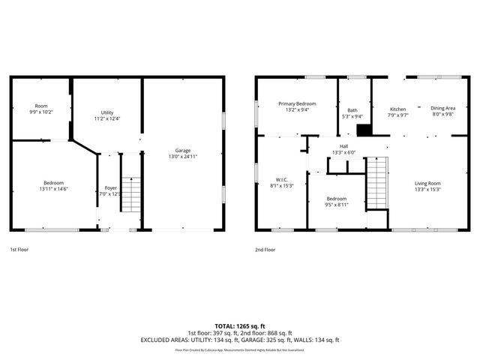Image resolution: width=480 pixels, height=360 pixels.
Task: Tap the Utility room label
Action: point(107,112)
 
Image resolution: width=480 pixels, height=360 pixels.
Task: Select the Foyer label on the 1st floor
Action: point(110,188)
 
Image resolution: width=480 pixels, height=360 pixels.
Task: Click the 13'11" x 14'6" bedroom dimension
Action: point(53,190)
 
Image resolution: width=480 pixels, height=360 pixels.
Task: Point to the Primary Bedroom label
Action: point(297,103)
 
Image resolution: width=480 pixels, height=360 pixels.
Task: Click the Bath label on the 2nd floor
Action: point(352,110)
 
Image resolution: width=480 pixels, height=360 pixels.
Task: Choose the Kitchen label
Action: point(397,109)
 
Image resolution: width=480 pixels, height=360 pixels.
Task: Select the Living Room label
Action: point(428,183)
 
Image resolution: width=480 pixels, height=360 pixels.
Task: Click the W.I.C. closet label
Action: point(282,179)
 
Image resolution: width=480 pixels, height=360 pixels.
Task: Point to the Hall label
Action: point(343,146)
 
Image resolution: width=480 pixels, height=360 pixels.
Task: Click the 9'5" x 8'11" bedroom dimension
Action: point(336,203)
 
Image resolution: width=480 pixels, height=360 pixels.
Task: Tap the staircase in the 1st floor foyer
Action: point(131,193)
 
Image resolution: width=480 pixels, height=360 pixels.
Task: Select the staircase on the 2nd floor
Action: point(376,184)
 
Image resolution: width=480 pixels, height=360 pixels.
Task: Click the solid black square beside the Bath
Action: point(364,130)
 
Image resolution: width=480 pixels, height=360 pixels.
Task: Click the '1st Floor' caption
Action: point(19,249)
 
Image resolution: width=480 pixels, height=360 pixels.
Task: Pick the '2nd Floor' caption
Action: point(265,249)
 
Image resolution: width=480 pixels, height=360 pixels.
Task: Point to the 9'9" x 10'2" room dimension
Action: point(40,112)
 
